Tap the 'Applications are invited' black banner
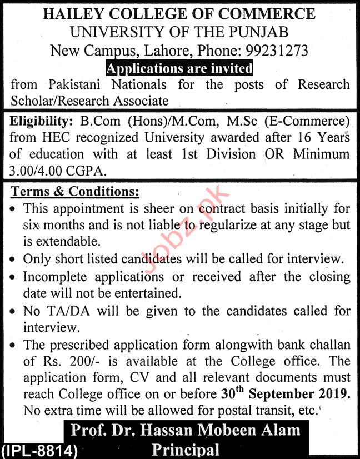coord(179,68)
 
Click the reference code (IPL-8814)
coord(39,450)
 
